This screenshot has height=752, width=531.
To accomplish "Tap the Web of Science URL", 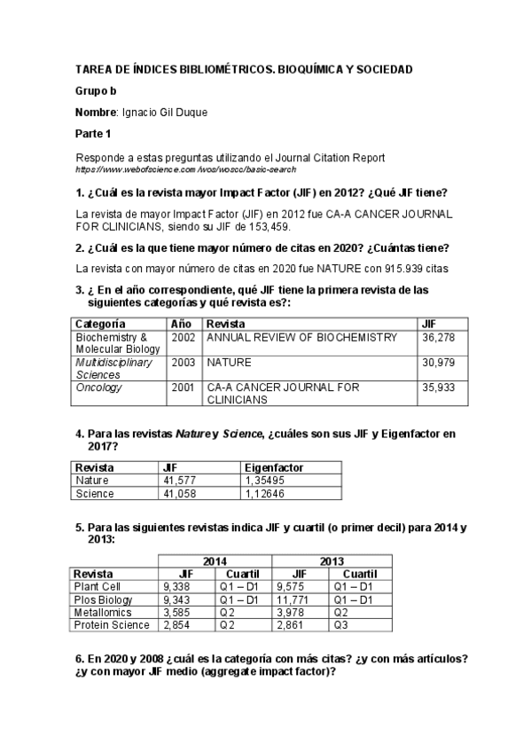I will (x=185, y=168).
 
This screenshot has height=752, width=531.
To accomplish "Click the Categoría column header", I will (x=100, y=324).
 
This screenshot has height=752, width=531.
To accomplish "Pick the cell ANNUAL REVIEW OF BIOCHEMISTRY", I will (x=301, y=337).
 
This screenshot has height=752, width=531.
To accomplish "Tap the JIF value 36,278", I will (x=440, y=337).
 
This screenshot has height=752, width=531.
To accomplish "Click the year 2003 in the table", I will (x=183, y=363).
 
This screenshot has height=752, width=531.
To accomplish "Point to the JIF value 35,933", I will (x=440, y=388).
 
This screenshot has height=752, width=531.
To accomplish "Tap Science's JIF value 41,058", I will (x=182, y=493).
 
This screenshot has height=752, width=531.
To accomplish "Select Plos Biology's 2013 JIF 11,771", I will (x=294, y=599).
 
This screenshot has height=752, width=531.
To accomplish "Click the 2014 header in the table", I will (x=215, y=561).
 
